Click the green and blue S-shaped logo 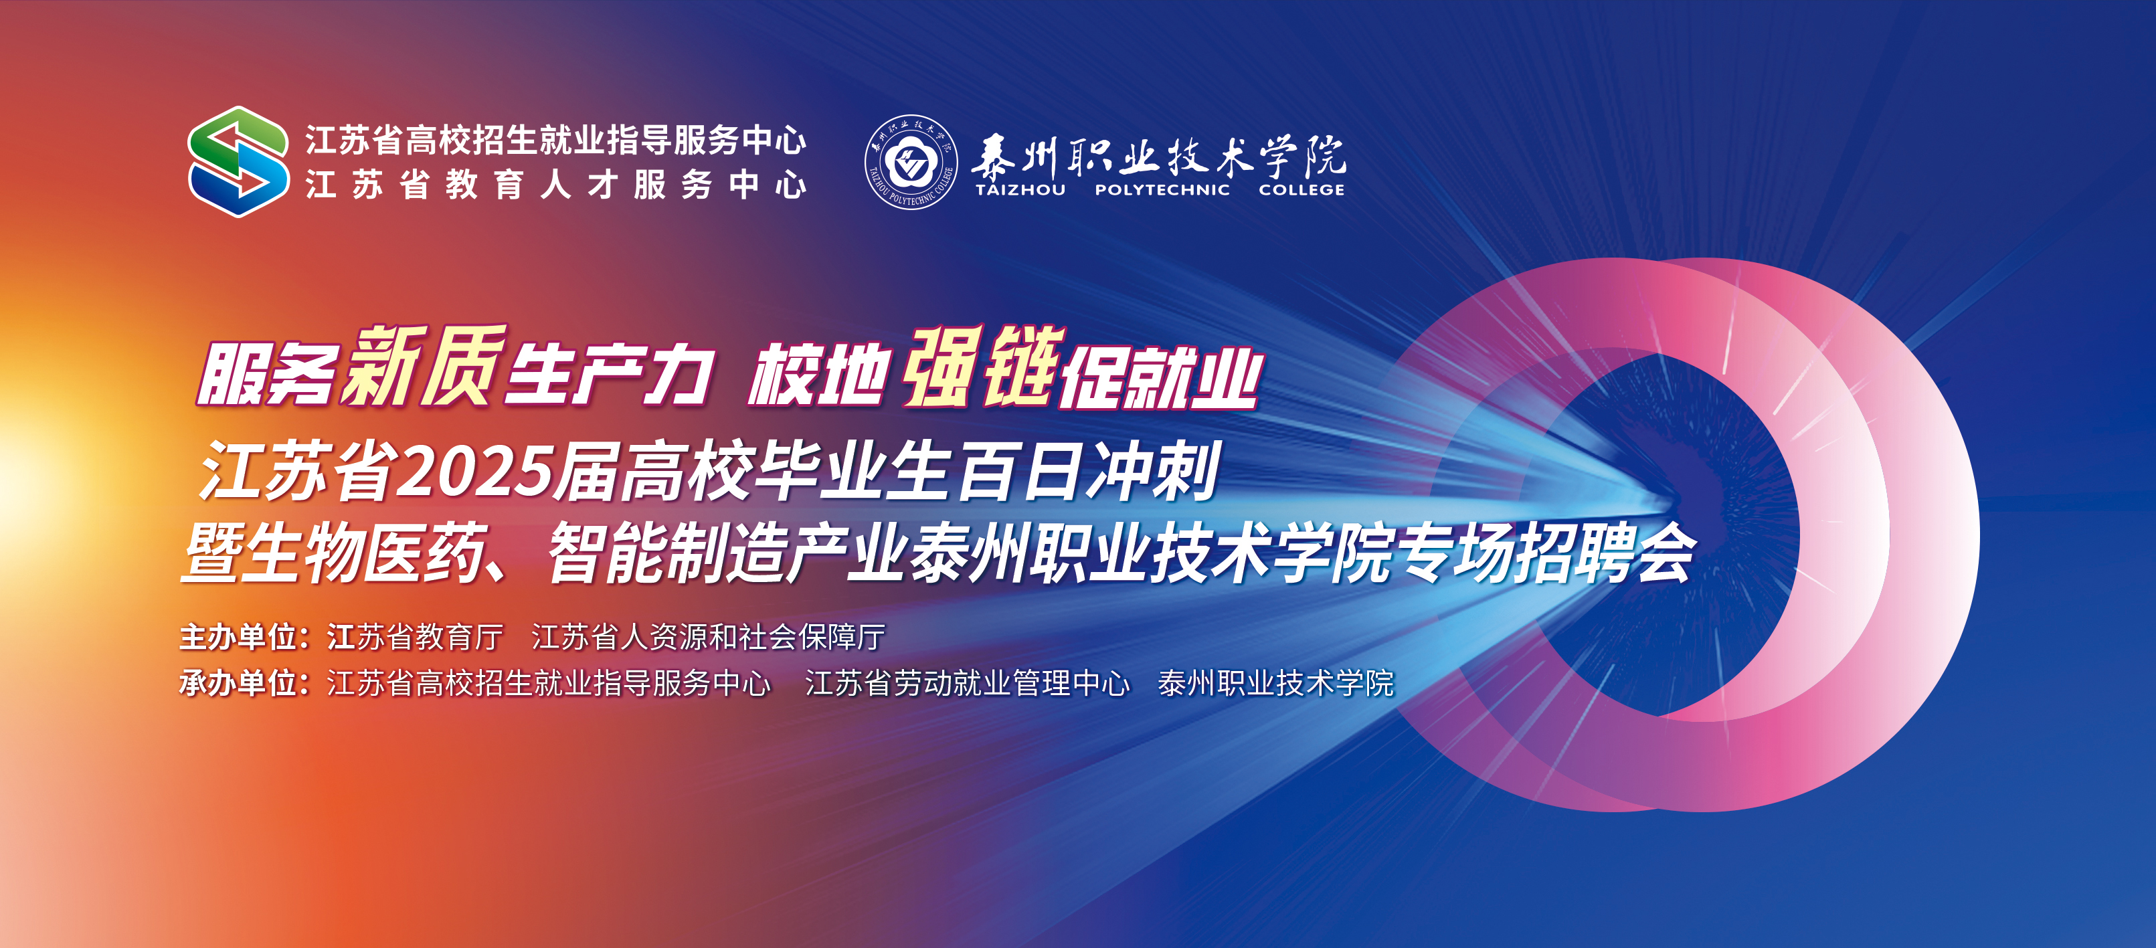coord(238,161)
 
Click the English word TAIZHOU coord(1020,190)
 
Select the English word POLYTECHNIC coord(1162,190)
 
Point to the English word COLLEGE coord(1301,190)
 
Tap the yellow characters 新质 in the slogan coord(425,366)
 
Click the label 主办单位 coord(238,638)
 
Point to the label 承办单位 coord(238,684)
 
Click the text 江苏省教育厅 coord(415,638)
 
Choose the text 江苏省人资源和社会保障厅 coord(709,638)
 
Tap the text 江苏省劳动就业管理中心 coord(968,684)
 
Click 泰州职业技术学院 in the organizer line coord(1276,684)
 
